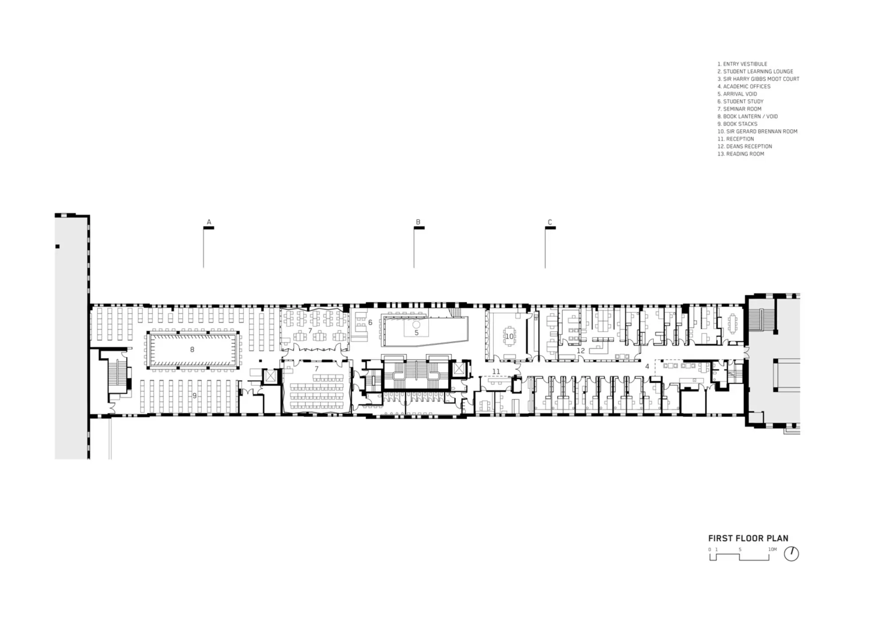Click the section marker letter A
209,222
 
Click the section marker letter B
418,222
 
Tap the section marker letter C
550,222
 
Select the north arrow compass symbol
791,554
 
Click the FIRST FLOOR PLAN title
748,538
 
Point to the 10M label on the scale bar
772,550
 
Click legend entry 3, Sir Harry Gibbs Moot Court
758,79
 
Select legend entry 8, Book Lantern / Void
747,116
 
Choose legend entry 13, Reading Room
741,154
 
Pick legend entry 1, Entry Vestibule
742,64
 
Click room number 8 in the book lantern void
192,350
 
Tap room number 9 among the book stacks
194,396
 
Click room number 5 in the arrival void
416,333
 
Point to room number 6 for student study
370,323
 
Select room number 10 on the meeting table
509,336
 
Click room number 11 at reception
496,372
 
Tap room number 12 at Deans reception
580,351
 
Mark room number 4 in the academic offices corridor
647,366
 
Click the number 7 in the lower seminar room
316,369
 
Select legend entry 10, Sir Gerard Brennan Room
757,131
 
